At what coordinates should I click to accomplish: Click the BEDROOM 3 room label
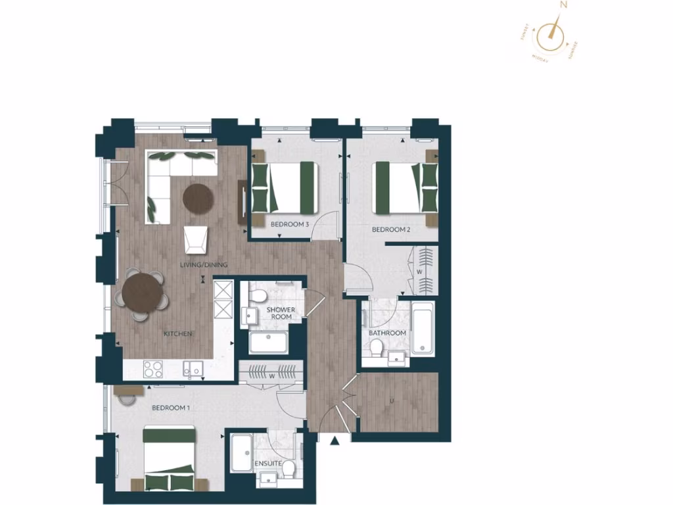[290, 224]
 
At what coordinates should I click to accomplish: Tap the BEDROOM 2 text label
[391, 229]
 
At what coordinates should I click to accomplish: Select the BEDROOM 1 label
[170, 408]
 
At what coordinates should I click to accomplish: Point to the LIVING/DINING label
[204, 265]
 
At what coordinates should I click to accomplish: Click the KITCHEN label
[177, 334]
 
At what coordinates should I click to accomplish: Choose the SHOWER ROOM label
[281, 313]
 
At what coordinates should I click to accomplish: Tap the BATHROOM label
[387, 333]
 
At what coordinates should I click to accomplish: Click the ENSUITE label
[268, 464]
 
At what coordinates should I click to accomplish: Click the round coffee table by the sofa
[198, 197]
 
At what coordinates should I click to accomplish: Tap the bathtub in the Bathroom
[423, 329]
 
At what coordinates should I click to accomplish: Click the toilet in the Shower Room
[260, 295]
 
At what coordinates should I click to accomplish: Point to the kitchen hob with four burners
[153, 370]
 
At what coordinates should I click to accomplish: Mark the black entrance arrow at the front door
[336, 441]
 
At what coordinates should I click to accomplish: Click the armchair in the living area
[195, 239]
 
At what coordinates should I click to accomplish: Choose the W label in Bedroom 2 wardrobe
[418, 270]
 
